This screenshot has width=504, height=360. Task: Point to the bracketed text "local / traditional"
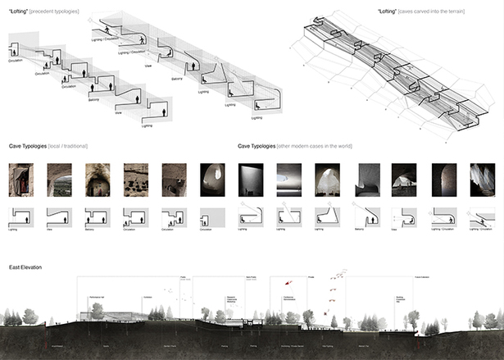[69, 146]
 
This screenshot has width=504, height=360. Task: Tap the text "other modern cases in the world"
[320, 146]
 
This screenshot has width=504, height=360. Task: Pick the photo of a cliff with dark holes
[136, 180]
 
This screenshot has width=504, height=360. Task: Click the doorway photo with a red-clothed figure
[21, 180]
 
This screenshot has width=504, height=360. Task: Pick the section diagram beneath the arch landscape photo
[60, 217]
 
